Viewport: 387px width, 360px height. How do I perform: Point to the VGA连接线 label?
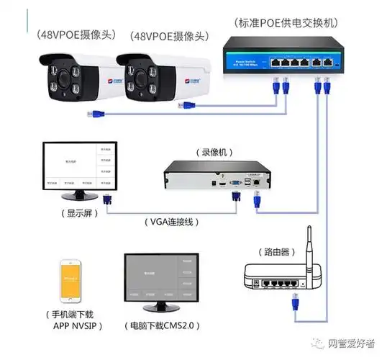pos(170,222)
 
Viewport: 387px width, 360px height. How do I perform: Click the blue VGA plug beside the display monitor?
pos(107,198)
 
